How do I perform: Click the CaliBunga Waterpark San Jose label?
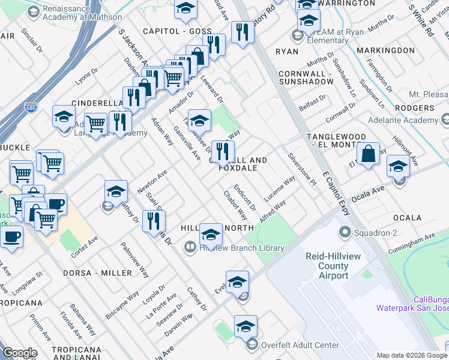[x=412, y=304]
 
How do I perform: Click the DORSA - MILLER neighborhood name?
[x=97, y=273]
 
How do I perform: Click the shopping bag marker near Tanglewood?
[x=368, y=153]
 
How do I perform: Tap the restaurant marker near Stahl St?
[x=155, y=221]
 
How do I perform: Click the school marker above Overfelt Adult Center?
[x=246, y=327]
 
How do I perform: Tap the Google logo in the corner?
[x=20, y=353]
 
